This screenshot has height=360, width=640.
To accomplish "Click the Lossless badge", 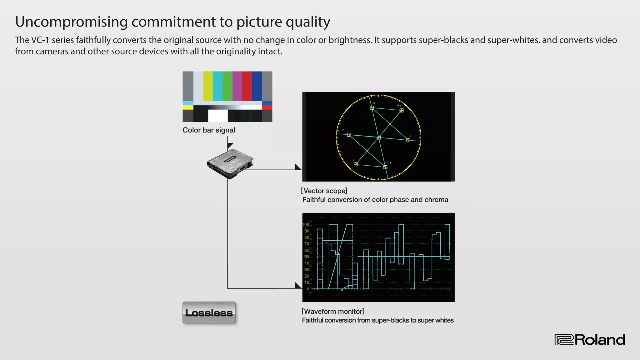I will [x=209, y=312].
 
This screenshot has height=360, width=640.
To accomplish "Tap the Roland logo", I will [x=590, y=340].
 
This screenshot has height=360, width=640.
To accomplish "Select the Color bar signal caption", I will [x=209, y=130].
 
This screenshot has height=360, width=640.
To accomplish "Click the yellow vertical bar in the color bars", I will [x=208, y=86].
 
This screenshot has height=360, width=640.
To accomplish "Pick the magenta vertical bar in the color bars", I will [x=237, y=86].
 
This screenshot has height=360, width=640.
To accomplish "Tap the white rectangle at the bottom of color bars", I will [x=218, y=115].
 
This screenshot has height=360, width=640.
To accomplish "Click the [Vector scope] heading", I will [x=324, y=191].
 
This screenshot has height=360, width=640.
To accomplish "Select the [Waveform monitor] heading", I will [x=333, y=311].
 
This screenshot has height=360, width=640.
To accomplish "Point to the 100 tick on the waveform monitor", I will [x=306, y=224].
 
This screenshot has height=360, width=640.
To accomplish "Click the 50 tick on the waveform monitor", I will [x=307, y=257].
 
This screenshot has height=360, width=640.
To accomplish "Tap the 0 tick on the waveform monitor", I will [x=308, y=289].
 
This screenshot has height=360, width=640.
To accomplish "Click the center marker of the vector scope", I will [x=378, y=137].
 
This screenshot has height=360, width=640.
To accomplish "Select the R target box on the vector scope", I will [x=372, y=107].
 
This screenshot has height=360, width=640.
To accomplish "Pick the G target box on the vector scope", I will [x=356, y=164].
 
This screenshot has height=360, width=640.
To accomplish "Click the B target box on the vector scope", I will [x=408, y=140].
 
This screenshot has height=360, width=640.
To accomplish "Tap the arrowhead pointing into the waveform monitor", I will [x=298, y=286].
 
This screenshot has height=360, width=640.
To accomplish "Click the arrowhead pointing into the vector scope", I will [x=298, y=167].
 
